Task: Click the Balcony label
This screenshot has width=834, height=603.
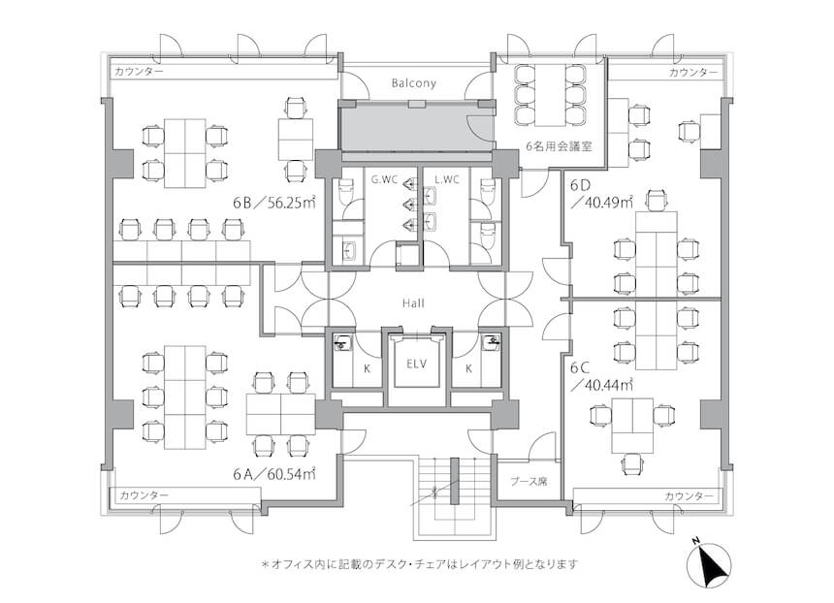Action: tap(413, 83)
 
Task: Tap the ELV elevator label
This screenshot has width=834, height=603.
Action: tap(416, 365)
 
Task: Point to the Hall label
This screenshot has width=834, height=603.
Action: tap(413, 303)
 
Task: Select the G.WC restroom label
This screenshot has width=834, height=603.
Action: tap(384, 179)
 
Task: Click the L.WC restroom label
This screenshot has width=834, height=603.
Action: tap(447, 179)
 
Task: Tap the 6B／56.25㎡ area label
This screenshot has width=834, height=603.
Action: tap(274, 202)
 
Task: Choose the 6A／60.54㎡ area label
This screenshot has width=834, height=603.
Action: tap(274, 473)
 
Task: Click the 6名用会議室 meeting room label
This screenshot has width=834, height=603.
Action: tap(559, 146)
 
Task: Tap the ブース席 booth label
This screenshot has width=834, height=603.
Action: tap(529, 482)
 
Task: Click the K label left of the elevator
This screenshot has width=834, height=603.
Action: tap(367, 368)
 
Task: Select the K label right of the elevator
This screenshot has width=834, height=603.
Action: tap(468, 368)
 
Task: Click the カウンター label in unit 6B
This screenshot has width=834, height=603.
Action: tap(140, 72)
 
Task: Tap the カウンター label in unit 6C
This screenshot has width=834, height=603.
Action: tap(689, 496)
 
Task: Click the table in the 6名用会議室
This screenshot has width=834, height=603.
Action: tap(551, 95)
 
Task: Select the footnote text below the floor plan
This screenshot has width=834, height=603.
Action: tap(420, 563)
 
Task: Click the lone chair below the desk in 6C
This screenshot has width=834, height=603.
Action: tap(632, 463)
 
